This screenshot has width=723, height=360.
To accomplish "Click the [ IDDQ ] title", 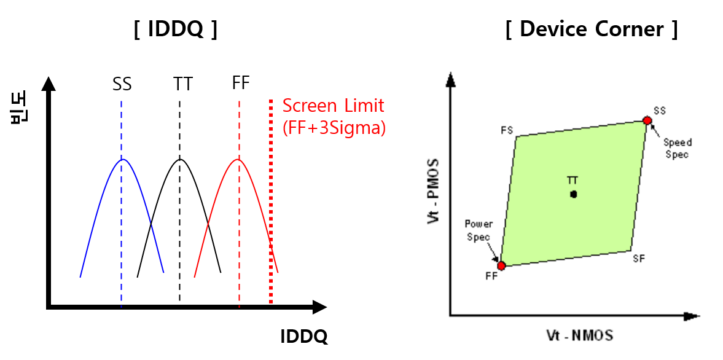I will (x=175, y=30).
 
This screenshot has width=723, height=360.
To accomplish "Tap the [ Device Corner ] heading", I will (x=591, y=29).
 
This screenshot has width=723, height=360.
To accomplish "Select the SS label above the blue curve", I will (x=122, y=84).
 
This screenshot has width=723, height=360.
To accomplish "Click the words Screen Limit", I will (x=333, y=106).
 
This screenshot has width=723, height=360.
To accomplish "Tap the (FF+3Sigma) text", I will (x=334, y=128).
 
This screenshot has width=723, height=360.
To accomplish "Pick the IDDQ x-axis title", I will (x=303, y=337).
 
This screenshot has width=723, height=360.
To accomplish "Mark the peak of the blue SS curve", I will (x=123, y=160).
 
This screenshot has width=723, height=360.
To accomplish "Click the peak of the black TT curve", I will (x=180, y=160).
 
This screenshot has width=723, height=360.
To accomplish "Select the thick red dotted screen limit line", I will (x=271, y=203).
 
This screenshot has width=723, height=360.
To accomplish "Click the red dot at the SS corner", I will (x=647, y=120).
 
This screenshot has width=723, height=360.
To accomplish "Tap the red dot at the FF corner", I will (x=501, y=265).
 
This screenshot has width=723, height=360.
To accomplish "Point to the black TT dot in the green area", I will (x=573, y=194).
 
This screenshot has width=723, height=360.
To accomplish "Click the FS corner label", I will (x=507, y=130).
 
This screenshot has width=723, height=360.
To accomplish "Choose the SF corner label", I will (x=639, y=259).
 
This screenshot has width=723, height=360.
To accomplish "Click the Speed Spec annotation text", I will (x=676, y=148).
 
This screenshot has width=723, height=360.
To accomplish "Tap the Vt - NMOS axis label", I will (x=580, y=335).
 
